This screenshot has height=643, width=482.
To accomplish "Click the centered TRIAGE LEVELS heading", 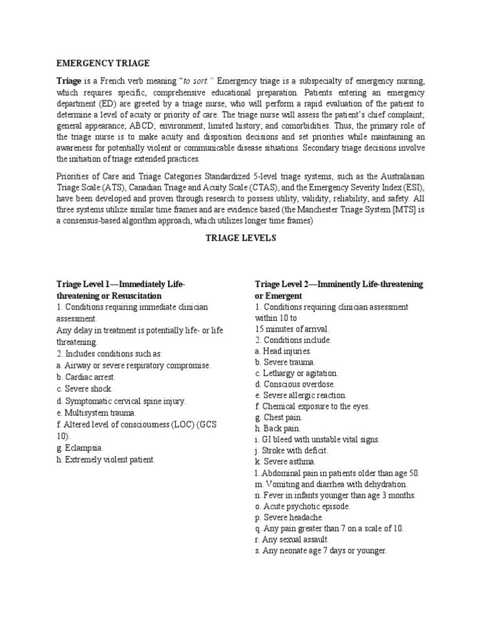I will pyautogui.click(x=241, y=239).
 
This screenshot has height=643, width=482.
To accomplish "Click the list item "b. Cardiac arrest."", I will pyautogui.click(x=85, y=377).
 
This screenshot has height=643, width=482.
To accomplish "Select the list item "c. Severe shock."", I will pyautogui.click(x=84, y=389).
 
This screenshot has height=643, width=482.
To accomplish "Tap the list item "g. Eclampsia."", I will pyautogui.click(x=80, y=448).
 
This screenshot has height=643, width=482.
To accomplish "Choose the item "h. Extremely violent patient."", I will pyautogui.click(x=105, y=460).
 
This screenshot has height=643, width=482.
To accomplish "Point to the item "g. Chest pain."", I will pyautogui.click(x=279, y=417).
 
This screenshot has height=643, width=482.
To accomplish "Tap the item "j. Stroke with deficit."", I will pyautogui.click(x=291, y=450).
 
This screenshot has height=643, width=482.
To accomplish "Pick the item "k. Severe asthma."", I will pyautogui.click(x=284, y=462).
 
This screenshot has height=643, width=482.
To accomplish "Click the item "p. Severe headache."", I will pyautogui.click(x=289, y=517).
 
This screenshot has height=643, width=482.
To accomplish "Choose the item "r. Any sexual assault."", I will pyautogui.click(x=292, y=539).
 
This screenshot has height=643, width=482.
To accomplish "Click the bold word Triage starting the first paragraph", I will pyautogui.click(x=68, y=82).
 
